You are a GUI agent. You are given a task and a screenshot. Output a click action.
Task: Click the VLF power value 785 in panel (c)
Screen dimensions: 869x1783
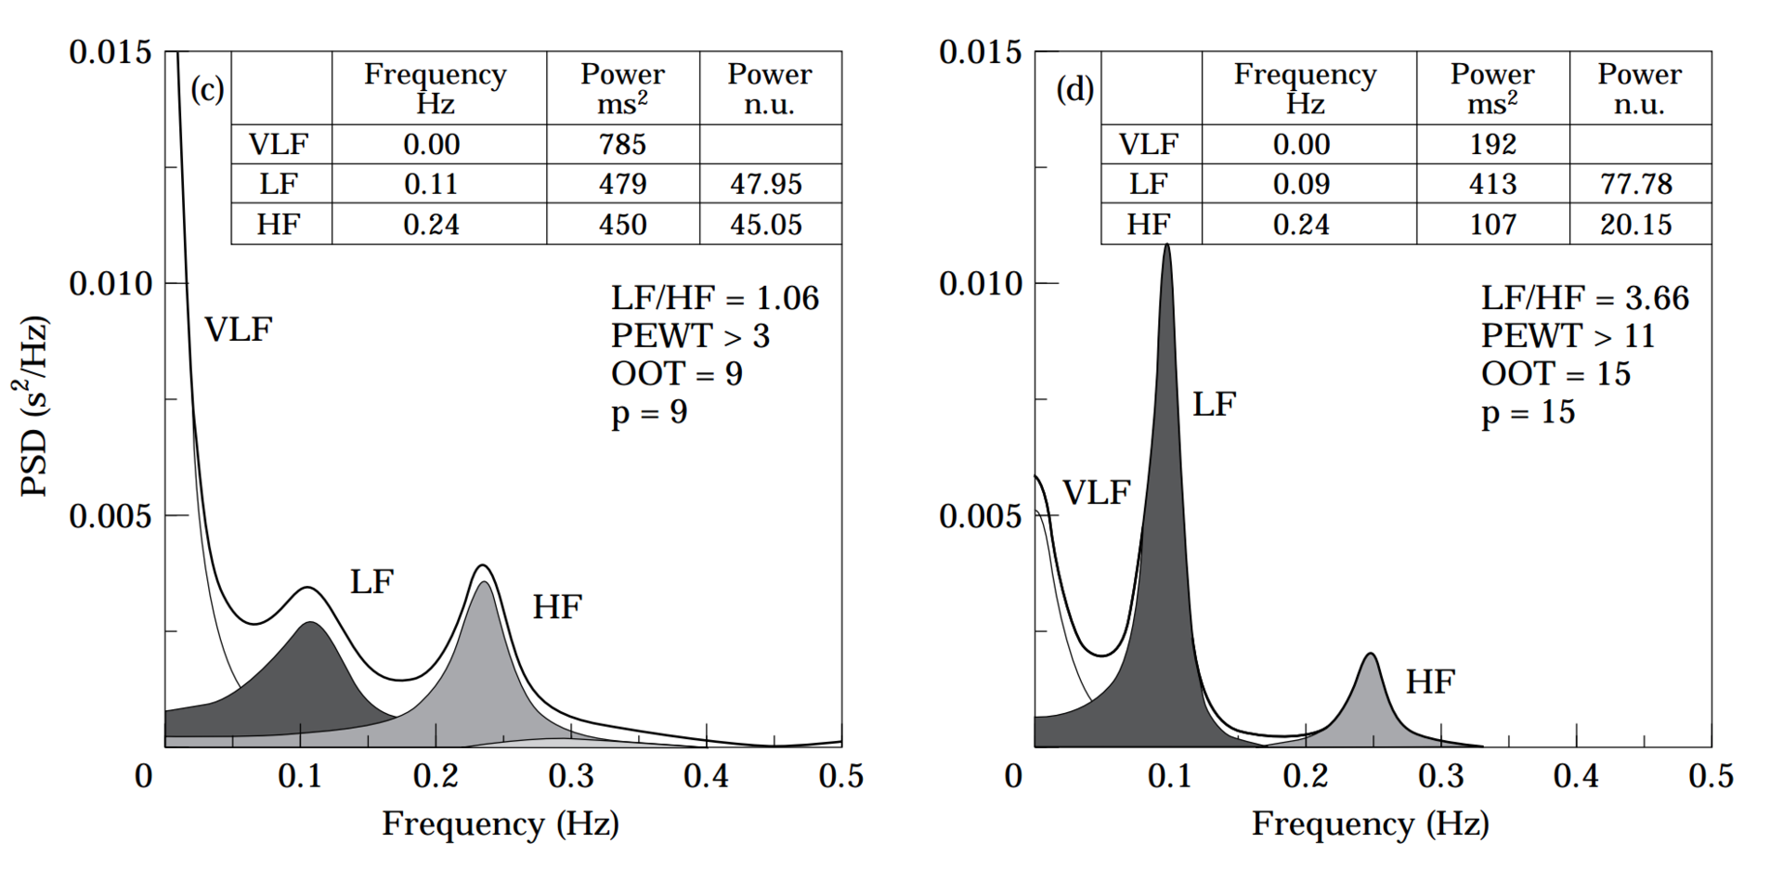point(622,145)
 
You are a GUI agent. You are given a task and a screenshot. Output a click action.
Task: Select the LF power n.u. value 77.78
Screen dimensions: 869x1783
point(1636,184)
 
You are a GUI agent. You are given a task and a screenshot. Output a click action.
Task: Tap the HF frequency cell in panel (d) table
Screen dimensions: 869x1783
point(1301,225)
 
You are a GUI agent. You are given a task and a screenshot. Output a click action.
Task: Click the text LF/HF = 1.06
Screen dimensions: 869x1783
point(715,298)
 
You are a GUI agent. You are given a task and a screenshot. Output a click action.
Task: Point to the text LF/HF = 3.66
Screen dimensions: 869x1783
point(1585,298)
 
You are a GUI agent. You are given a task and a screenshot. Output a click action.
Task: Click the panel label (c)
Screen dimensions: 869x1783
point(207,89)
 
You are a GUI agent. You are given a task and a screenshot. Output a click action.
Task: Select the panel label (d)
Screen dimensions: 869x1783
point(1075,89)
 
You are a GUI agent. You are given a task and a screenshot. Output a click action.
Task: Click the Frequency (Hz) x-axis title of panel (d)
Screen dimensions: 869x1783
point(1370,824)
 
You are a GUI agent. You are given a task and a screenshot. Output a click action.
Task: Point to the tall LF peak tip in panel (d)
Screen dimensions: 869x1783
point(1166,246)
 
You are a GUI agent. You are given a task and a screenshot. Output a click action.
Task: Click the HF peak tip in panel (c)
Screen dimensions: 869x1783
point(482,565)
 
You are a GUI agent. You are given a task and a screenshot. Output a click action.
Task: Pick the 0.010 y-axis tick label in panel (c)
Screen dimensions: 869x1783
point(110,283)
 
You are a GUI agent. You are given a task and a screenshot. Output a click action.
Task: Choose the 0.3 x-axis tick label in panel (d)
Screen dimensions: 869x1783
point(1441,776)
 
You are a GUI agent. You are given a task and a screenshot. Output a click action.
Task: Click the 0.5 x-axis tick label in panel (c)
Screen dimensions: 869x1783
point(841,776)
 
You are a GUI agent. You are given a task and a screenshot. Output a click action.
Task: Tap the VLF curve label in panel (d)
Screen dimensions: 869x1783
point(1096,493)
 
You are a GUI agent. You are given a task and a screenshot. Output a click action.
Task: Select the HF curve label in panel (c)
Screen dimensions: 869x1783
point(557,607)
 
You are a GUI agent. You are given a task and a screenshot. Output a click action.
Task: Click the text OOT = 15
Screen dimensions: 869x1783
point(1555,374)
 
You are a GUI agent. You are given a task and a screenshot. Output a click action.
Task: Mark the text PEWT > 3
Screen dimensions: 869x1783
point(690,336)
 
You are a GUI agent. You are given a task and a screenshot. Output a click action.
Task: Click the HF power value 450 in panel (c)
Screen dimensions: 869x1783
point(622,225)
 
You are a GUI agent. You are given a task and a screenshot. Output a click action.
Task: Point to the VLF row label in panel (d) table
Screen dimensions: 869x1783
point(1148,145)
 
